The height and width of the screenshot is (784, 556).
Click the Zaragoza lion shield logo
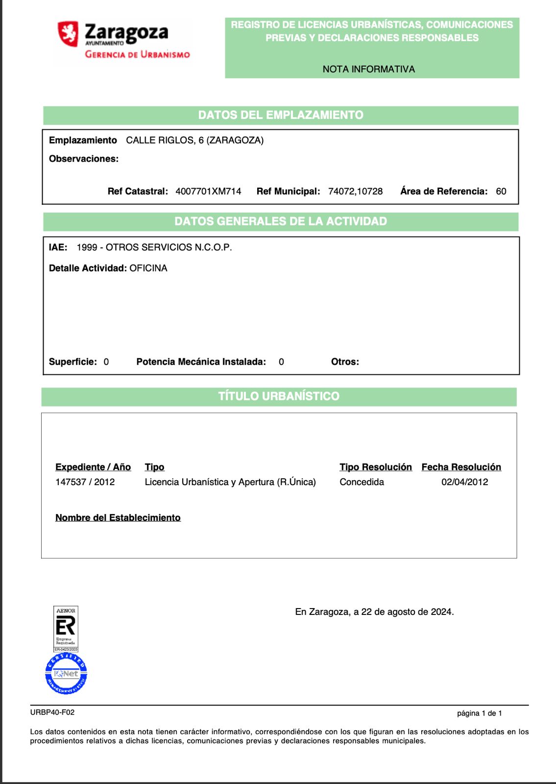[69, 34]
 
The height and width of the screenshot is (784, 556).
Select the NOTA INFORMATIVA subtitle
[368, 69]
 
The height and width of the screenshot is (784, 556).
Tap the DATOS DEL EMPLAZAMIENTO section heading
[280, 115]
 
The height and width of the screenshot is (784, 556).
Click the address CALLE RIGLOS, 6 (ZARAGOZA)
[194, 141]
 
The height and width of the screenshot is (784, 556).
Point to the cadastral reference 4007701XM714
[208, 192]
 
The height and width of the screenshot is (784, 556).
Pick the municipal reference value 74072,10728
[355, 192]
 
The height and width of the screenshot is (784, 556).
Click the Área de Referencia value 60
[501, 192]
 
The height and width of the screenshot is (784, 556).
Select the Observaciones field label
[84, 159]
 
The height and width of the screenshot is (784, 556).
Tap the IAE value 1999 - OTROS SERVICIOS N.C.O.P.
[154, 247]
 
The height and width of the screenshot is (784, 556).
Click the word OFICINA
[148, 269]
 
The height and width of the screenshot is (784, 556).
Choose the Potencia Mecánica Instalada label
[201, 362]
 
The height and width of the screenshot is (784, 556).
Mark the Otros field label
[345, 362]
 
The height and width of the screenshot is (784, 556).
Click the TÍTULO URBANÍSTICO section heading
[278, 396]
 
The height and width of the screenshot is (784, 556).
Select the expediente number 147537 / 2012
[85, 482]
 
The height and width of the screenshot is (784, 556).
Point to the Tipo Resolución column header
[376, 467]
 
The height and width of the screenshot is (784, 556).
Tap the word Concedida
[362, 482]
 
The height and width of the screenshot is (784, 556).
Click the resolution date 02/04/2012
[464, 482]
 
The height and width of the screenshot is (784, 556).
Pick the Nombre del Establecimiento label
[118, 518]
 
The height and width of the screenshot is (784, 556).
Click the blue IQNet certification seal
[66, 674]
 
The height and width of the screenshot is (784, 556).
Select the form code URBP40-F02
[52, 712]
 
